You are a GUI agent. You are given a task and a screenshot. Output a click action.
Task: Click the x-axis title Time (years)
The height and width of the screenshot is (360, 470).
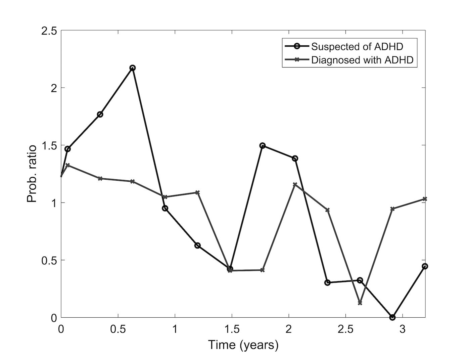pyautogui.click(x=243, y=345)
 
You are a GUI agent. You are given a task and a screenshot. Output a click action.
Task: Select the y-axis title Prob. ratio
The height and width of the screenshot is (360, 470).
pyautogui.click(x=32, y=174)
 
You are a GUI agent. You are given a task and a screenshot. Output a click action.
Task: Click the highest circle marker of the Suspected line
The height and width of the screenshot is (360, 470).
pyautogui.click(x=133, y=68)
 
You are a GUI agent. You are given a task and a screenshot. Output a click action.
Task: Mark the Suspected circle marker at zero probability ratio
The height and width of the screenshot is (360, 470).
pyautogui.click(x=392, y=317)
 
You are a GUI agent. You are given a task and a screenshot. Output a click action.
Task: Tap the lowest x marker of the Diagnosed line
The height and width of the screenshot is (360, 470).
pyautogui.click(x=360, y=303)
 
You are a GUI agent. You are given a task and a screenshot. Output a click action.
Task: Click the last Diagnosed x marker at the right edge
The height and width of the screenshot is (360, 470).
pyautogui.click(x=425, y=199)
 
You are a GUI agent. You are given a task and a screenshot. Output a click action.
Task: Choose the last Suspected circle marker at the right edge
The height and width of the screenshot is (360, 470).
pyautogui.click(x=425, y=266)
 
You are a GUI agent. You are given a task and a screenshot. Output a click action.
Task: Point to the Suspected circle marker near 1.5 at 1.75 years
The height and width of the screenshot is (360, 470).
pyautogui.click(x=263, y=146)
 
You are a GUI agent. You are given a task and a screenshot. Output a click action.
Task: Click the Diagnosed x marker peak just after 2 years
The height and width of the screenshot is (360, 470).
pyautogui.click(x=295, y=184)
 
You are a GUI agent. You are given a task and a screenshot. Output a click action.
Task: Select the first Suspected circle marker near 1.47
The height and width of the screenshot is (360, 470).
pyautogui.click(x=67, y=149)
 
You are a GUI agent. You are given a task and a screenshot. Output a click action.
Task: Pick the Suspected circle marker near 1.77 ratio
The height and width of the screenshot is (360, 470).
pyautogui.click(x=100, y=115)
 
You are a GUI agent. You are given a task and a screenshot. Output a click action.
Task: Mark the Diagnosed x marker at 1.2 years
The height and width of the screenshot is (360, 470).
pyautogui.click(x=198, y=192)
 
